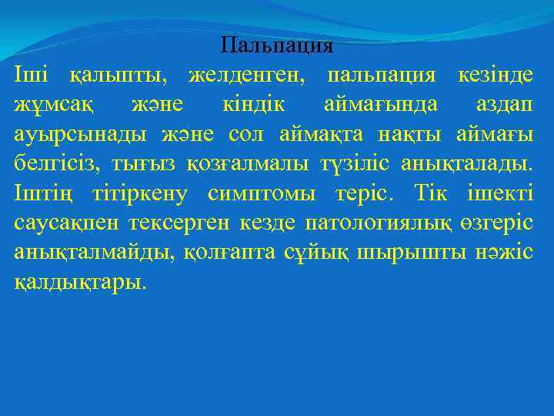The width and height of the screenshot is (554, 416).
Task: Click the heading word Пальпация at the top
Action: pyautogui.click(x=276, y=45)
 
